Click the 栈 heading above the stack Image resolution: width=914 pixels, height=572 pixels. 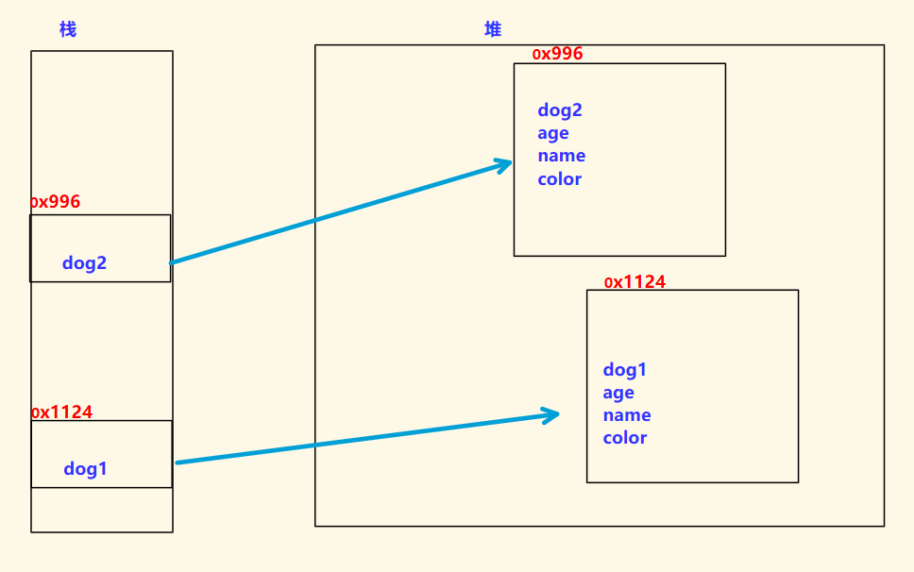click(x=67, y=29)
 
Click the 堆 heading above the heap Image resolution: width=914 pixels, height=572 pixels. click(x=493, y=29)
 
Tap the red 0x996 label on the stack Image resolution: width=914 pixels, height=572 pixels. click(x=56, y=202)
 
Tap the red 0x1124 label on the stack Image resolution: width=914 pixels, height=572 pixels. click(x=62, y=412)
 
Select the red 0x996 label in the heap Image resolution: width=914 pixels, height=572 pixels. click(x=558, y=54)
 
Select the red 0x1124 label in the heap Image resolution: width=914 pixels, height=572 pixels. click(x=635, y=282)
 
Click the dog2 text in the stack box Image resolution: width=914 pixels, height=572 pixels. click(x=84, y=263)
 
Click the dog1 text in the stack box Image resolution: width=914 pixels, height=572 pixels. click(x=85, y=468)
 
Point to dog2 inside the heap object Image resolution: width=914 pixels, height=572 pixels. click(x=560, y=110)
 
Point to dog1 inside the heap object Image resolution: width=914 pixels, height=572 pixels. click(x=625, y=370)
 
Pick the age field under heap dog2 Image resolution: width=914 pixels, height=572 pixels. click(x=553, y=133)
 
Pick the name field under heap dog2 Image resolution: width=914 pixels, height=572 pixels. click(x=562, y=156)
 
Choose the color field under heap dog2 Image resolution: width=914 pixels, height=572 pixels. click(x=560, y=179)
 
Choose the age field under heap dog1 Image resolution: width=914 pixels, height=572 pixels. click(x=618, y=393)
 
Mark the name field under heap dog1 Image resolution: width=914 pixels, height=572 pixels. click(x=627, y=415)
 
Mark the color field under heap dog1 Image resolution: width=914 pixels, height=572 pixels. click(x=625, y=438)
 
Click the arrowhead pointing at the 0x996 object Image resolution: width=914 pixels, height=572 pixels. click(x=504, y=165)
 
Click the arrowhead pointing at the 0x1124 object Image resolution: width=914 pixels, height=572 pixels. click(x=551, y=414)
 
